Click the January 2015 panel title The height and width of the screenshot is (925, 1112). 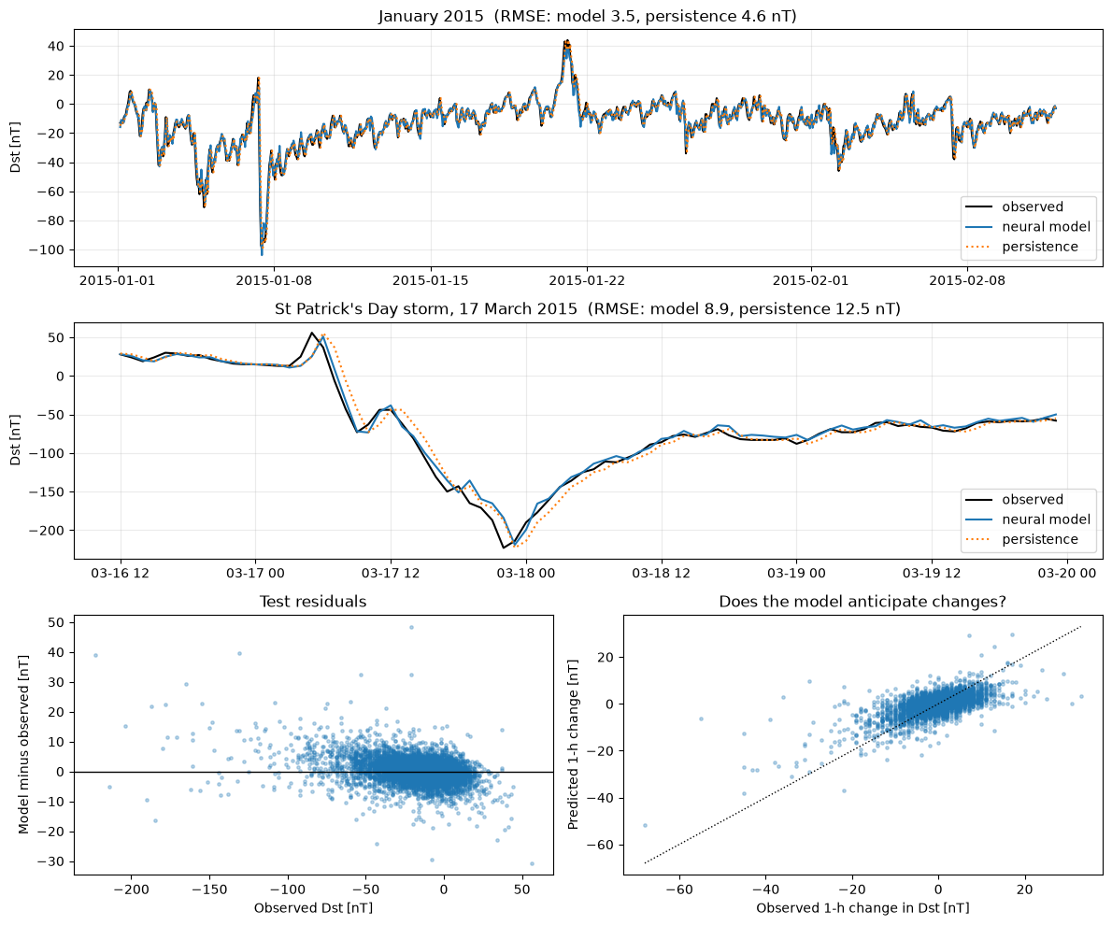click(x=587, y=16)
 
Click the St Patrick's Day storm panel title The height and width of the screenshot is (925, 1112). click(x=587, y=308)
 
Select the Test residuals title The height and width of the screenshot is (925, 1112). click(x=313, y=602)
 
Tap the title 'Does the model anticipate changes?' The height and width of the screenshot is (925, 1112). click(x=863, y=602)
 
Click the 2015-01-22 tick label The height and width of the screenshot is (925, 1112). click(x=587, y=280)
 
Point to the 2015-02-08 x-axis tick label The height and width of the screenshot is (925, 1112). click(x=967, y=280)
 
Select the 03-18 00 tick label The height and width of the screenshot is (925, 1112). click(x=525, y=573)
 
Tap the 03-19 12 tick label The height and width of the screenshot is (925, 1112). click(x=931, y=573)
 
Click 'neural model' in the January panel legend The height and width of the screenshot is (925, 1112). click(x=1046, y=227)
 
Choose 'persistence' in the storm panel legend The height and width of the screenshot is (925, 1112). click(x=1040, y=539)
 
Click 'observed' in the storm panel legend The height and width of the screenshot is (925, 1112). click(x=1033, y=499)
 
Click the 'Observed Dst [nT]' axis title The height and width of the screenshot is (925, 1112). click(x=313, y=908)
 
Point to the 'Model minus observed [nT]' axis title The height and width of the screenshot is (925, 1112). click(x=23, y=744)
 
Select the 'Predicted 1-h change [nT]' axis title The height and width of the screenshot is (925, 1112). click(x=573, y=744)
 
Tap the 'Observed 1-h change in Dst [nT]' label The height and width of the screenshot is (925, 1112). click(x=863, y=908)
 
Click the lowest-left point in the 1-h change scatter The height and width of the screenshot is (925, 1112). click(x=645, y=825)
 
